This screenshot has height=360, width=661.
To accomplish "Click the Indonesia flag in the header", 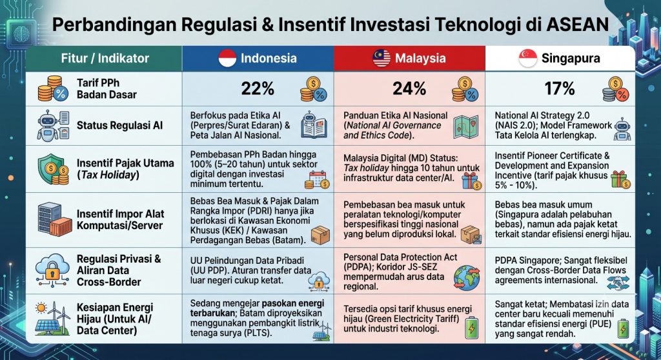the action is click(227, 58).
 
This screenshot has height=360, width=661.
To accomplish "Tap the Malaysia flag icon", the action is click(381, 58).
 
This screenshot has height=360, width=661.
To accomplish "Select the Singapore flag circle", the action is click(528, 58).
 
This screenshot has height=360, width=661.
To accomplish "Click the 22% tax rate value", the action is click(258, 88).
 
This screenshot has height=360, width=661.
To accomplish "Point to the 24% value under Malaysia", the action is click(409, 88).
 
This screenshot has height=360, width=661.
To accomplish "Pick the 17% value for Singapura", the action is click(560, 88).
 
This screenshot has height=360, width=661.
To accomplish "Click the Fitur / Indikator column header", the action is click(105, 58).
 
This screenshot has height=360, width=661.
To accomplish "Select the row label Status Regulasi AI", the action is click(119, 125).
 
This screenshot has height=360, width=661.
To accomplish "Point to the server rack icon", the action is click(55, 219).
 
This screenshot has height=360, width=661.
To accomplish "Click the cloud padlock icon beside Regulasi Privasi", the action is click(52, 270).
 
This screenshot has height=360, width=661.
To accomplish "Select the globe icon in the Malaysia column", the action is click(467, 278).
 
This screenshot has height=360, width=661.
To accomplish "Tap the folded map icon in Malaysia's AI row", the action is click(466, 127).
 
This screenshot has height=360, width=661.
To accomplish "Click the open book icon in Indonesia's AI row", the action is click(314, 125).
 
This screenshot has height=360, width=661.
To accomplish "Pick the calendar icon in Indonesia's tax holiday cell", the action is click(317, 179).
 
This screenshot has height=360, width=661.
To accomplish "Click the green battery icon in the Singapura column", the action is click(623, 328).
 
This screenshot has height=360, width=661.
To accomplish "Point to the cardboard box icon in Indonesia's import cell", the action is click(320, 235).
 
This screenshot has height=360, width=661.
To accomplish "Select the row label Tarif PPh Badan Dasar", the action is click(107, 88).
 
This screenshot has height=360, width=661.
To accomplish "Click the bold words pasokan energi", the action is click(293, 303).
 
